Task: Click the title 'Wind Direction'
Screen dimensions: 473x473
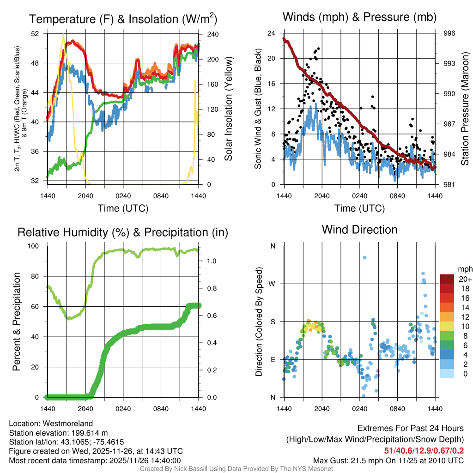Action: [x=359, y=230]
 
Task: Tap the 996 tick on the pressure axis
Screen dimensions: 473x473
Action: [x=449, y=33]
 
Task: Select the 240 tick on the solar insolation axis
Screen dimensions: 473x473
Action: [x=212, y=34]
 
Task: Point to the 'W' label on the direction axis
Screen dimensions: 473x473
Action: [x=273, y=284]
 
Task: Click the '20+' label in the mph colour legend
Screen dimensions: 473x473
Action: [x=465, y=279]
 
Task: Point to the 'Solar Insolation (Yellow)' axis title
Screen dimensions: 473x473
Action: [x=229, y=109]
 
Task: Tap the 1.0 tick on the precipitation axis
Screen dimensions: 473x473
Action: [x=212, y=261]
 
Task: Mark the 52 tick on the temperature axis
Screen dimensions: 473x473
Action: [x=36, y=34]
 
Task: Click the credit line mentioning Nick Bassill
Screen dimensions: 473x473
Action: [x=236, y=469]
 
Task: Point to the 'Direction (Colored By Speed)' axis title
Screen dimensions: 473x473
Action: [x=259, y=321]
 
